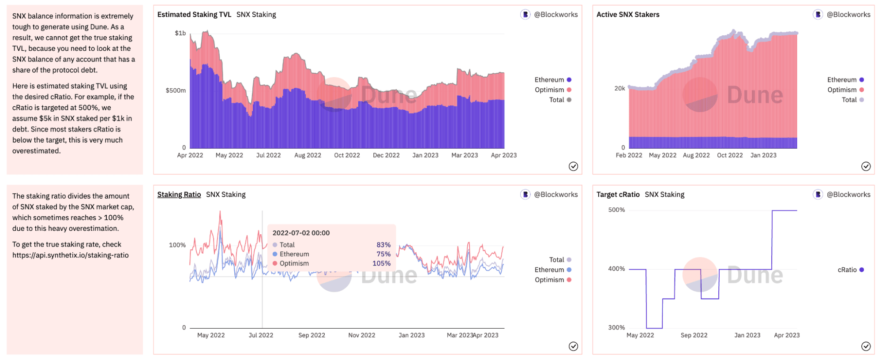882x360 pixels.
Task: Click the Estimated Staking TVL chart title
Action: point(194,15)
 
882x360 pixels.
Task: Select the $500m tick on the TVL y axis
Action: point(176,90)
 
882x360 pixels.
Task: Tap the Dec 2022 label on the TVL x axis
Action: point(386,155)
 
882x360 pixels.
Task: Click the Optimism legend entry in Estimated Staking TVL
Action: point(549,90)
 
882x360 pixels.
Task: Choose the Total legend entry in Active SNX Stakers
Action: point(849,100)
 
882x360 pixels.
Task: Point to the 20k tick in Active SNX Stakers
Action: point(619,89)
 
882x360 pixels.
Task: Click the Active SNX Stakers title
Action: point(628,15)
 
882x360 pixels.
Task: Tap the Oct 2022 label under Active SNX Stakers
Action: point(730,155)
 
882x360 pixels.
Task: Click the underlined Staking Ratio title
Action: point(179,195)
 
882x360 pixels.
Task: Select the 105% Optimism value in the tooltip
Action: point(382,263)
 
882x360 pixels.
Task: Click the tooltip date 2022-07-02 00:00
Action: point(301,233)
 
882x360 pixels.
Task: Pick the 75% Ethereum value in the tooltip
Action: point(383,254)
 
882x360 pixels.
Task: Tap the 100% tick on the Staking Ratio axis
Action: point(177,245)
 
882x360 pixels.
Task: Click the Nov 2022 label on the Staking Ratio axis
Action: point(362,335)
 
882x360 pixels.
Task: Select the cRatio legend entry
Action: point(847,270)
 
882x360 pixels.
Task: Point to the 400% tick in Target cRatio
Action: point(616,269)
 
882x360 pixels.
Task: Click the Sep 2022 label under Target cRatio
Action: point(694,335)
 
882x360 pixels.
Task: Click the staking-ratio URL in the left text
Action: point(71,255)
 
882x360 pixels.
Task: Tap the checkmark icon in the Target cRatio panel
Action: point(866,346)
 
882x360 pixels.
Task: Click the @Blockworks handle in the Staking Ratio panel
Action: point(555,195)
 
